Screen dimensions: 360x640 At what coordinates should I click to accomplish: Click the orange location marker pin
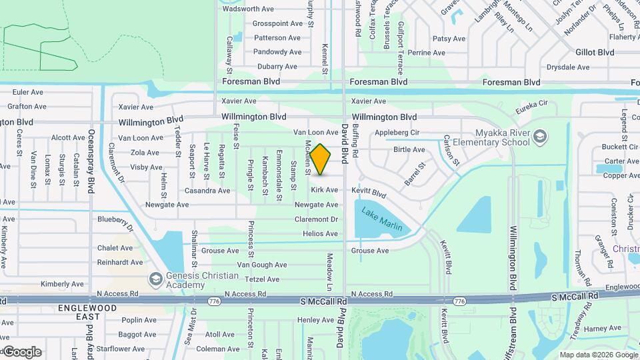coord(321,159)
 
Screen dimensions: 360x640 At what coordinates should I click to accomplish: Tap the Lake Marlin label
coord(382,220)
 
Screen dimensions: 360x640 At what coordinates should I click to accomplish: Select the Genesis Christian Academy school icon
coord(156,278)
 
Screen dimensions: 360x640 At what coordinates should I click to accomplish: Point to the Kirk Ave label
coord(325,190)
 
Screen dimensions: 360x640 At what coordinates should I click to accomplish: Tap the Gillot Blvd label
coord(595,52)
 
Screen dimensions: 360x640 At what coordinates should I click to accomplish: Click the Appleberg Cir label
coord(397,133)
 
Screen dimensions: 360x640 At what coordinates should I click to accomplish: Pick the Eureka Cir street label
coord(531,107)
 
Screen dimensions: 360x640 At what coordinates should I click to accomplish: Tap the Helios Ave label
coord(320,234)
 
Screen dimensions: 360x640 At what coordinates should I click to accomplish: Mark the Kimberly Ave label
coord(62,284)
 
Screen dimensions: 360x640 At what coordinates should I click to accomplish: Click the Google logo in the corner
coord(22,351)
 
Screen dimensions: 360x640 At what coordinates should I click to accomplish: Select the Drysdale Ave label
coord(568,67)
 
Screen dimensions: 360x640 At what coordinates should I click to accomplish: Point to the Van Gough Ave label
coord(262,265)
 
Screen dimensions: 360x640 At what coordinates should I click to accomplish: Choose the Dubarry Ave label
coord(277,67)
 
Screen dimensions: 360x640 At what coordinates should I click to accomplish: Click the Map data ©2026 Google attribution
coord(598,355)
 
